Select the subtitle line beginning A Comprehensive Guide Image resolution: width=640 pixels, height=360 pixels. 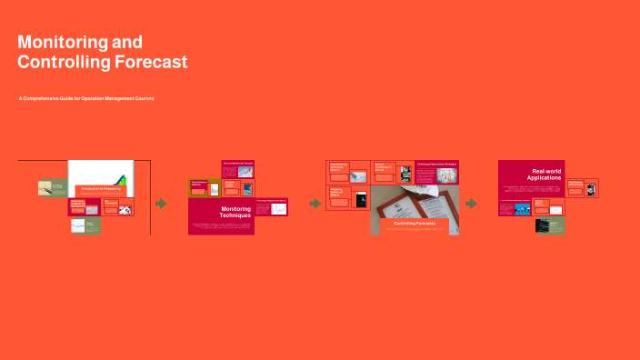(x=86, y=98)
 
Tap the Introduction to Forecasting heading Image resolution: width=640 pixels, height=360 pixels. (x=100, y=189)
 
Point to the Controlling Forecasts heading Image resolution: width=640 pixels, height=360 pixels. (x=415, y=223)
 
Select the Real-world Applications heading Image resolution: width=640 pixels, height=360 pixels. (x=545, y=175)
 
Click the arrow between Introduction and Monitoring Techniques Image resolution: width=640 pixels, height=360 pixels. (x=161, y=204)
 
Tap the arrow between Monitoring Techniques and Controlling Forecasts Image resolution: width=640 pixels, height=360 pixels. (x=315, y=204)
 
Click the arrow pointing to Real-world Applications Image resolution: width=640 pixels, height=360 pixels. (x=471, y=204)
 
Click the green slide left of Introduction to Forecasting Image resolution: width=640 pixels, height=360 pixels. (x=52, y=188)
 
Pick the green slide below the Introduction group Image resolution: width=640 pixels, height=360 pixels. (x=85, y=225)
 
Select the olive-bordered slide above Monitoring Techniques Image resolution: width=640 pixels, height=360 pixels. (x=204, y=187)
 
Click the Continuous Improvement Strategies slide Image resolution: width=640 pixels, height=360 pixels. (x=436, y=173)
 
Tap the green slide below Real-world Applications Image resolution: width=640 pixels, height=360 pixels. (x=549, y=225)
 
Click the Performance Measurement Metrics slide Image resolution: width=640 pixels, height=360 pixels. (x=271, y=207)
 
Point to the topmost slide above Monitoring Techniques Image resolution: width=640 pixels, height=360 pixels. (x=238, y=169)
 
